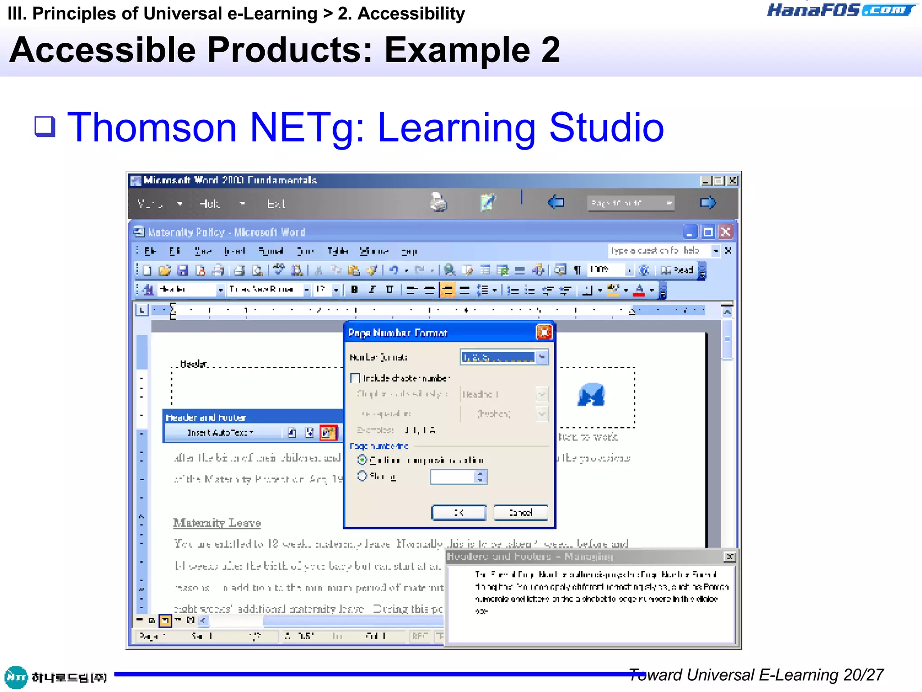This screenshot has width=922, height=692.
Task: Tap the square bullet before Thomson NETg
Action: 45,127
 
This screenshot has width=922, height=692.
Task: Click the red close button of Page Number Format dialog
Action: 544,332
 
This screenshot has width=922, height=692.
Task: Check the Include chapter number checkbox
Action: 355,378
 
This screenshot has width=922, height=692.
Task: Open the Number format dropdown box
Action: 542,357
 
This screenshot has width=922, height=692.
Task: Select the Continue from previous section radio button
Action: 362,460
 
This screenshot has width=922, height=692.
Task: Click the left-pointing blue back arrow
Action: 556,203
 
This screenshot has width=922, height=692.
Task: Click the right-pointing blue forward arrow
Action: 708,203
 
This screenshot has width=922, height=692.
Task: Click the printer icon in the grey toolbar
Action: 438,202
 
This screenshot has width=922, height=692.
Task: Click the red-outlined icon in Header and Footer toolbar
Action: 328,432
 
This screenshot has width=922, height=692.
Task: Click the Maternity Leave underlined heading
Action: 217,523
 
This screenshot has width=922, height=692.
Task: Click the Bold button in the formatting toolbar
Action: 354,290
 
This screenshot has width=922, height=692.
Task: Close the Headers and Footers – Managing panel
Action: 730,557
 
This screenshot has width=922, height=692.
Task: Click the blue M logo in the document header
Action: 591,395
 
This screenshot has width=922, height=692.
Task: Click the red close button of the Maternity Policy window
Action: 725,232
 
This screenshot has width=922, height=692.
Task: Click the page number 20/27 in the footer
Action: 863,675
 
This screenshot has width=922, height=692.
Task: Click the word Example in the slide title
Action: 457,50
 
